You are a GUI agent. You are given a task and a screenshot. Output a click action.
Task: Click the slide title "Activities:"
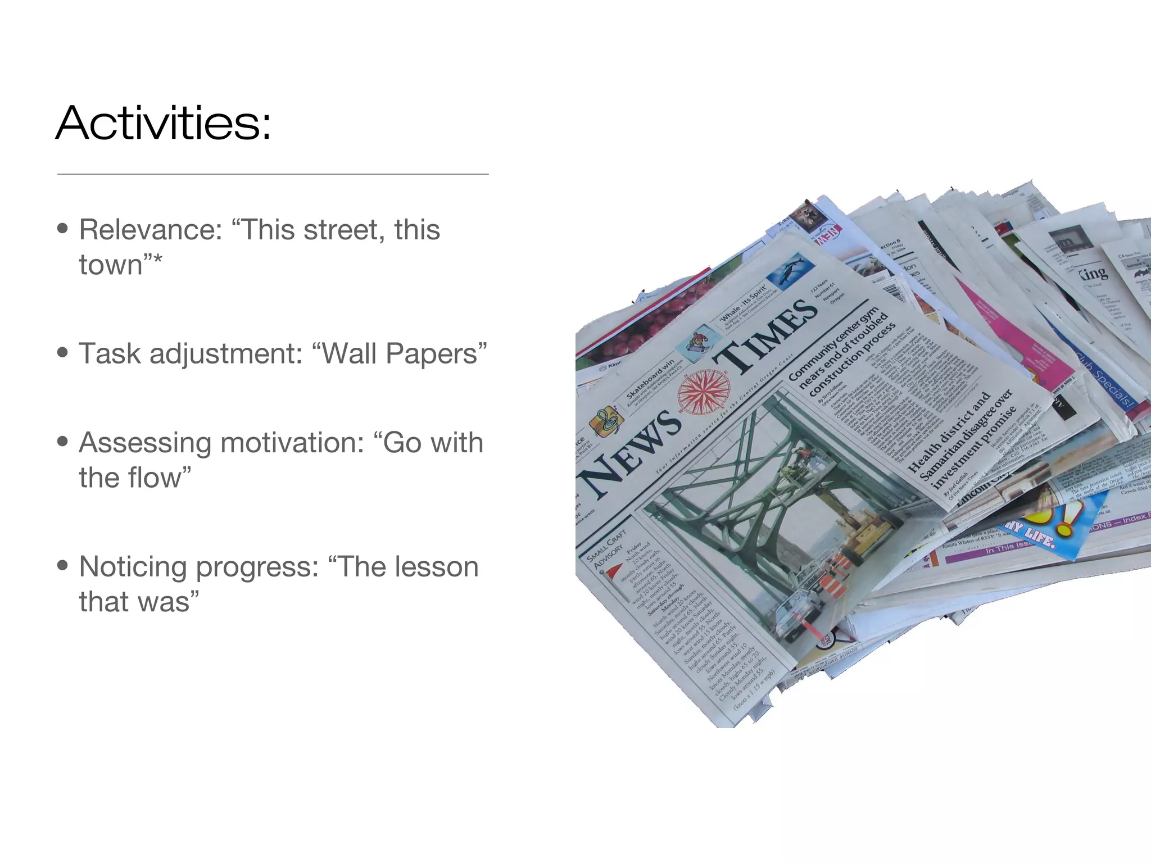(164, 123)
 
